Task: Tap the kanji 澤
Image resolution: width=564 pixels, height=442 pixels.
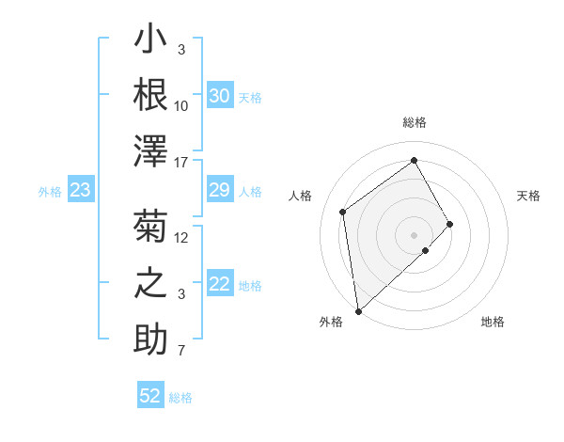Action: (151, 151)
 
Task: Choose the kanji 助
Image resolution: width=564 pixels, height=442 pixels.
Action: (151, 339)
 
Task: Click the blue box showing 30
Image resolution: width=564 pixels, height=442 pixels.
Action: (219, 96)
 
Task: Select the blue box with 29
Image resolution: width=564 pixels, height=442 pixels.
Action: (219, 191)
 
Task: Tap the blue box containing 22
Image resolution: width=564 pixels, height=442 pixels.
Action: (219, 285)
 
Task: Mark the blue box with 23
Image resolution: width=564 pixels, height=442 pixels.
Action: (81, 191)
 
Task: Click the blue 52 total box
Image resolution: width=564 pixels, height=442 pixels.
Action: (150, 396)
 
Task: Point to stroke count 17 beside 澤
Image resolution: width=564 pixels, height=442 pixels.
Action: (182, 163)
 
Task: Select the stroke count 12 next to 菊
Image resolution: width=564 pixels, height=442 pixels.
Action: (182, 237)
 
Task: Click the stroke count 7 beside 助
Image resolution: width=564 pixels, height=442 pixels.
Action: (181, 352)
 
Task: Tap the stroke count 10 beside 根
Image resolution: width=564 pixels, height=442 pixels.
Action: (182, 105)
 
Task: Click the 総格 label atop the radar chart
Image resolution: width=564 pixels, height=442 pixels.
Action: (415, 122)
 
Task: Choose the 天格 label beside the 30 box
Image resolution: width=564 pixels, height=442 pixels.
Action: (251, 98)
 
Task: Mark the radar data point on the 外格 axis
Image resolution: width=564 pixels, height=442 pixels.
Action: (358, 310)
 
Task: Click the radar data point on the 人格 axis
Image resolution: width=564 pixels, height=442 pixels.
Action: (343, 212)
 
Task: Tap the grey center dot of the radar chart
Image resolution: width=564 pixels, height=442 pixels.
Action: (415, 234)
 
